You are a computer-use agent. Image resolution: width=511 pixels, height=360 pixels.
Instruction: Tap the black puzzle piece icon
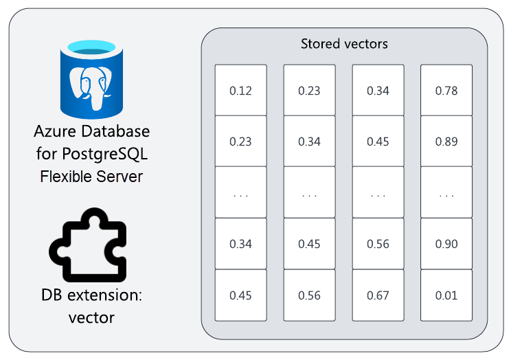[x=89, y=246]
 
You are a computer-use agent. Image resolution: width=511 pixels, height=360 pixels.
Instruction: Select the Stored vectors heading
[x=344, y=44]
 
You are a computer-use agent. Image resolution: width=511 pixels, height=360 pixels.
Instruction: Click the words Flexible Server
[x=91, y=176]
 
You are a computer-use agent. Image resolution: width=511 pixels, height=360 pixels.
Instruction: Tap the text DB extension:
[x=91, y=295]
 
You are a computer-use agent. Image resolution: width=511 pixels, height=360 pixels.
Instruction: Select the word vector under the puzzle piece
[x=91, y=317]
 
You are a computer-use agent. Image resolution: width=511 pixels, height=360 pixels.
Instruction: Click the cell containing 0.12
[x=240, y=90]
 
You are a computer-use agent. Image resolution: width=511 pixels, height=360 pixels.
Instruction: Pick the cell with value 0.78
[x=446, y=90]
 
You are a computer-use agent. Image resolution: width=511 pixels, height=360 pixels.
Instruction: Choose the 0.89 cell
[x=446, y=142]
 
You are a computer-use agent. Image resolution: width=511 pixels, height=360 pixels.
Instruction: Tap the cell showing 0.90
[x=446, y=244]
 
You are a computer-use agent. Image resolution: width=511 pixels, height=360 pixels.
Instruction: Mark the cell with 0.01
[x=446, y=295]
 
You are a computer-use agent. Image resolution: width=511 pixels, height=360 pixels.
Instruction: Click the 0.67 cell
[x=378, y=295]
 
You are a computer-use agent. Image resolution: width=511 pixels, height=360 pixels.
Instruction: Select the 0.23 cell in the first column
[x=240, y=142]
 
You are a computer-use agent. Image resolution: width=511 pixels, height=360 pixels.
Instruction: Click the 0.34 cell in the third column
[x=378, y=90]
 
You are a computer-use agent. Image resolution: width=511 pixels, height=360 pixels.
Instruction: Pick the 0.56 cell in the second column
[x=309, y=295]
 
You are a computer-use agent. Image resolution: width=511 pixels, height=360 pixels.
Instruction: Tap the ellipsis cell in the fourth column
[x=446, y=193]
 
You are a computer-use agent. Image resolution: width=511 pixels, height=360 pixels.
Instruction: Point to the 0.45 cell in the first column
[x=240, y=295]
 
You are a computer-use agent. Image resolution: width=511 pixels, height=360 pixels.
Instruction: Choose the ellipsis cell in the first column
[x=240, y=193]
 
